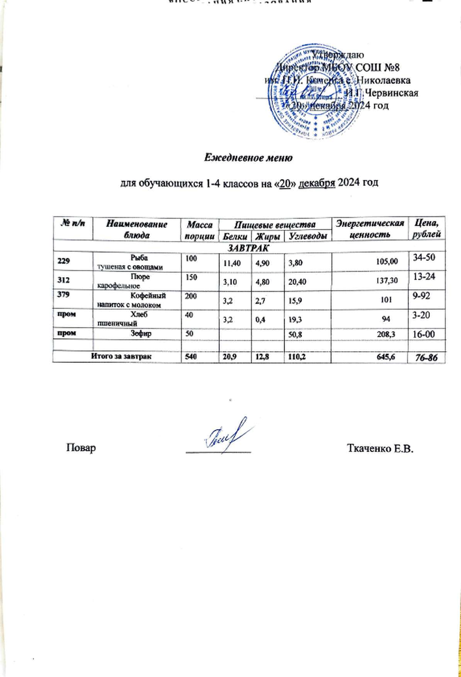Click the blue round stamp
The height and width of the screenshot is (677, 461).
[x=315, y=91]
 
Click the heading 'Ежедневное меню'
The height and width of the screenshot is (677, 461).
[x=249, y=158]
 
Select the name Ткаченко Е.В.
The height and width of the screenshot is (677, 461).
[x=380, y=448]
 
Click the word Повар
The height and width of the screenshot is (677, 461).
[x=81, y=448]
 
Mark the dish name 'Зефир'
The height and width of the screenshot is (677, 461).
[x=141, y=333]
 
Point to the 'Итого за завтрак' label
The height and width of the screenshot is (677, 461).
[x=122, y=356]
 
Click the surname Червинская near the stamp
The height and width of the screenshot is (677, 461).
[x=392, y=94]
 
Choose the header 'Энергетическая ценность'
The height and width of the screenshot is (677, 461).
[x=370, y=229]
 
